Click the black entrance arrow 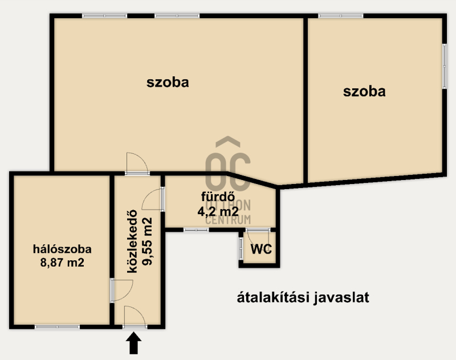click(x=134, y=343)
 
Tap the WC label click(x=261, y=249)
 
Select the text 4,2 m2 click(x=218, y=211)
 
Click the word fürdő click(x=218, y=197)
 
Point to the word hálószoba click(x=62, y=249)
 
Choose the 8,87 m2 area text click(x=62, y=263)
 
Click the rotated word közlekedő click(x=132, y=242)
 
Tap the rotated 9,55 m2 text click(x=147, y=242)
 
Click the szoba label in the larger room click(x=168, y=82)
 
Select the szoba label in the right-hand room click(x=364, y=92)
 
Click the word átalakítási click(x=273, y=297)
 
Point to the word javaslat click(x=341, y=298)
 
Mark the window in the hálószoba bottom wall click(x=58, y=327)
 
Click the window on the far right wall click(x=445, y=66)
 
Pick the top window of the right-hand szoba click(x=341, y=16)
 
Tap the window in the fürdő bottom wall click(x=196, y=230)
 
